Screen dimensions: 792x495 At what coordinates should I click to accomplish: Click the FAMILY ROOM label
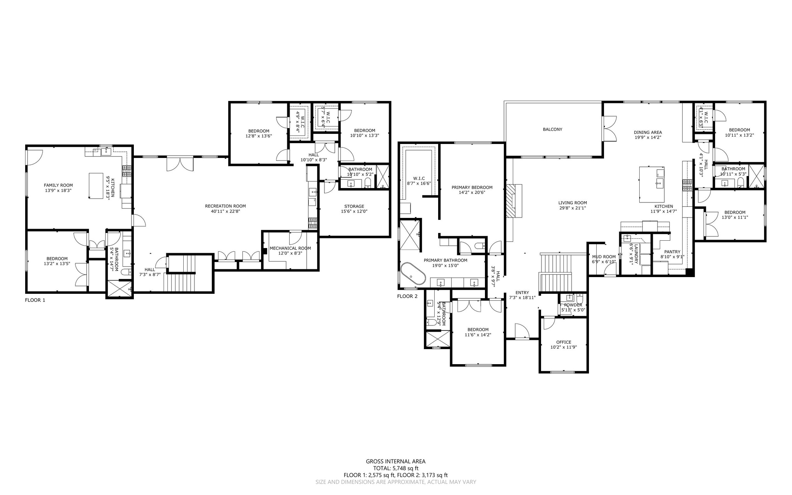click(x=58, y=185)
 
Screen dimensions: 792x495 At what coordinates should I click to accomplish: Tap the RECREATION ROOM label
click(x=225, y=206)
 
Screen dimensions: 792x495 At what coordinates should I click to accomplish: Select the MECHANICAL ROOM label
click(x=290, y=248)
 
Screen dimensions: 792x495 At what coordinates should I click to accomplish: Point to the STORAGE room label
click(x=354, y=206)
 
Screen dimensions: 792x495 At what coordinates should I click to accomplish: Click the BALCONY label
click(x=553, y=129)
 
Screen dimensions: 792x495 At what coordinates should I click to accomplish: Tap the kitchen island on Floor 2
click(x=652, y=184)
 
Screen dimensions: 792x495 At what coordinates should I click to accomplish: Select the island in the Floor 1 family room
click(x=96, y=186)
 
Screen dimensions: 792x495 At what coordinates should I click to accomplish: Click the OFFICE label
click(x=564, y=342)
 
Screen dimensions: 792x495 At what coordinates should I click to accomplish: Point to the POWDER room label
click(x=573, y=305)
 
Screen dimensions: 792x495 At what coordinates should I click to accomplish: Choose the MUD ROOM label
click(x=604, y=257)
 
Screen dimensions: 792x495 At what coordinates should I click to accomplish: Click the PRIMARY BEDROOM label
click(x=472, y=187)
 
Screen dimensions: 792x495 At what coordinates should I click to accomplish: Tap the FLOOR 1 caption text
click(x=35, y=300)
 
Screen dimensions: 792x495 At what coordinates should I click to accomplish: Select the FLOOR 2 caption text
click(x=408, y=296)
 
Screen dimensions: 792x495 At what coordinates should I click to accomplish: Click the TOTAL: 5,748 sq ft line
click(x=396, y=468)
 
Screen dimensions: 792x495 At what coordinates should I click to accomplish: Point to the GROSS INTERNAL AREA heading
click(x=396, y=461)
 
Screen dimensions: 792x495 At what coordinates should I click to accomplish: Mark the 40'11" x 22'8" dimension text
click(x=225, y=211)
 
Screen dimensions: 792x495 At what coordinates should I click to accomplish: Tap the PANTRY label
click(x=673, y=252)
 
